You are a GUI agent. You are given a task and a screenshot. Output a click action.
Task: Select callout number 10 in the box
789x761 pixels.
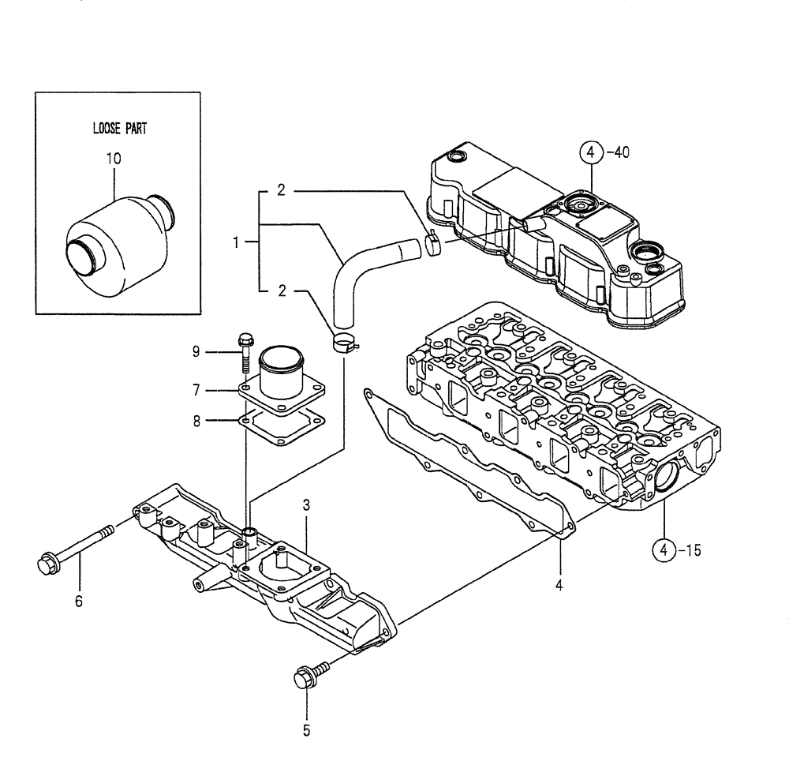pos(114,159)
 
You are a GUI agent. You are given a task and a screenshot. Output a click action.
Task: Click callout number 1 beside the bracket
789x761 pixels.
pos(235,242)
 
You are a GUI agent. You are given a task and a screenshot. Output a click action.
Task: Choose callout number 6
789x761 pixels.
pos(78,602)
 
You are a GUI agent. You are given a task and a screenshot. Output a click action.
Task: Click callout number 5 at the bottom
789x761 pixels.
pos(306,730)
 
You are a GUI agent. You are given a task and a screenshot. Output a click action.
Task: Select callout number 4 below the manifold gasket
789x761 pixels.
pos(560,585)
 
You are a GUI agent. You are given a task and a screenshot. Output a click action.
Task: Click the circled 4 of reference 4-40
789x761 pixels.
pos(593,153)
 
